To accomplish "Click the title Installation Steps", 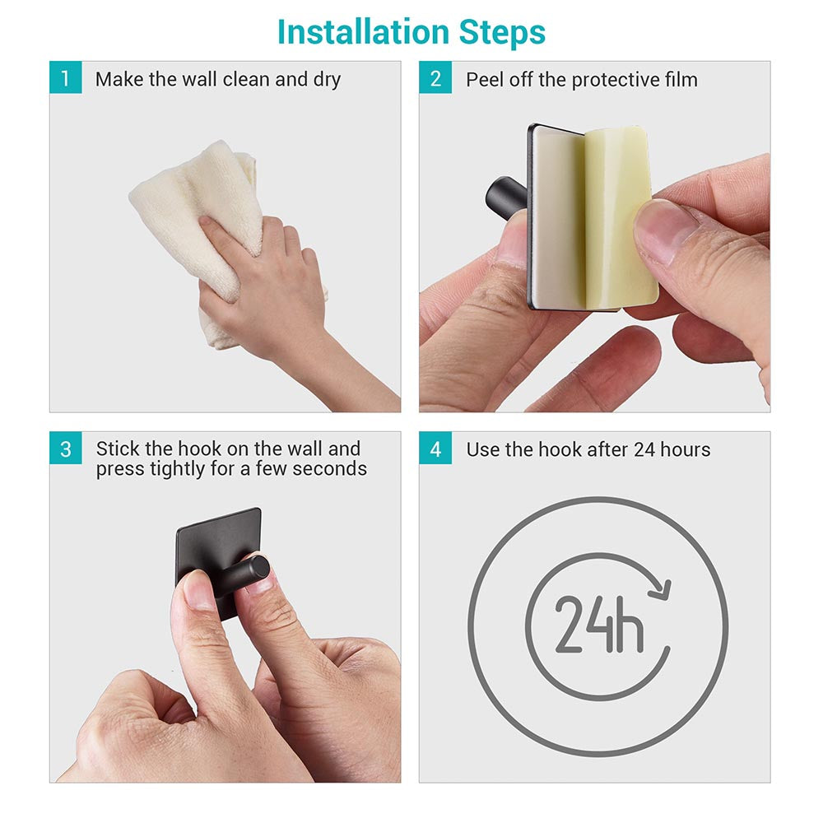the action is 411,32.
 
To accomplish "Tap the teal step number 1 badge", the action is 66,77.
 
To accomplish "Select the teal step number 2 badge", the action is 435,77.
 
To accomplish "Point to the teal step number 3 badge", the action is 66,449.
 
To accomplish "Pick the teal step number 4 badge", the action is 435,449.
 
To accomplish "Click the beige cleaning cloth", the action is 210,221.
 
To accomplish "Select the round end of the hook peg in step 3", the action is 259,569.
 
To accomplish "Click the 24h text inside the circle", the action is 599,624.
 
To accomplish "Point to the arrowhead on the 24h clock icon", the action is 661,589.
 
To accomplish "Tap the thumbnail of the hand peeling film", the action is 666,231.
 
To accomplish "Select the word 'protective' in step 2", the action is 615,81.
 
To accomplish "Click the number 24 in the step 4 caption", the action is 644,449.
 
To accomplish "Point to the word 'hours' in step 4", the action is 686,449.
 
